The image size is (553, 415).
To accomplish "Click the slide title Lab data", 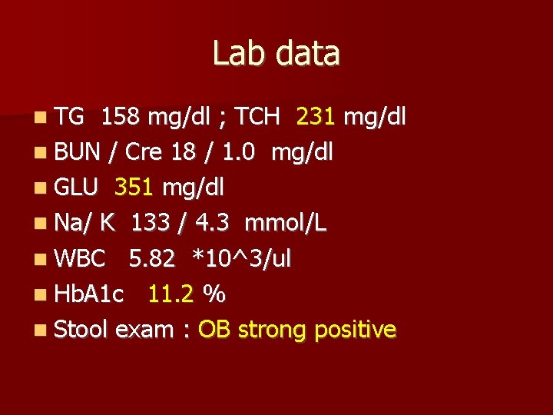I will (x=276, y=54).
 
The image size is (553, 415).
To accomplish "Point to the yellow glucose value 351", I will (x=134, y=188).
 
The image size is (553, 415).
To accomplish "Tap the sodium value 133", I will (x=151, y=223).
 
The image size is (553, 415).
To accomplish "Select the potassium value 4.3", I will (x=214, y=223).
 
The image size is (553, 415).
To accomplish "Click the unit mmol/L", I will (x=286, y=223).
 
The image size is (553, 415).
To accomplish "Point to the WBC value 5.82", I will (x=152, y=258).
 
